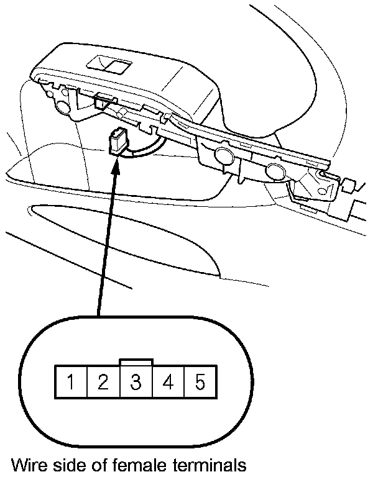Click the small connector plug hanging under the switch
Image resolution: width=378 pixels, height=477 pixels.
(x=116, y=140)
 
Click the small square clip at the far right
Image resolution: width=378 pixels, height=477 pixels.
(x=349, y=185)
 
